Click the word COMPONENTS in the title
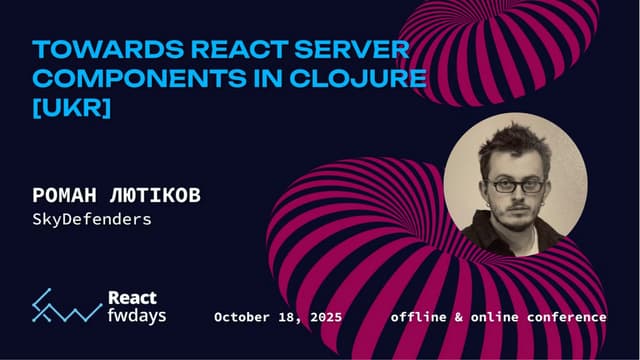(115, 78)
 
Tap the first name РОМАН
(68, 194)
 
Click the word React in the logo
(131, 298)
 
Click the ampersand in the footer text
(461, 317)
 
